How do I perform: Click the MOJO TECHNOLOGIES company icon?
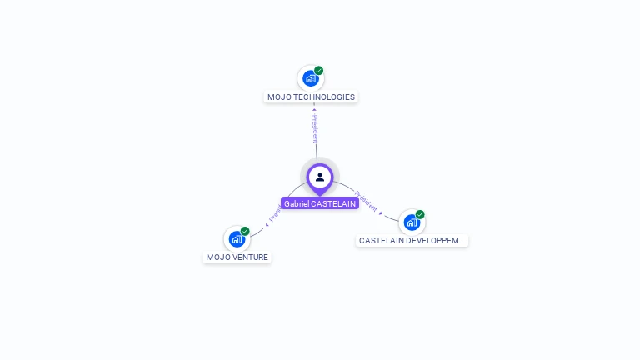pos(311,78)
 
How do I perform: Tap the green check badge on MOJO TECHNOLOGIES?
pos(319,71)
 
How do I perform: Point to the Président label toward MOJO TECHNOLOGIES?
pos(315,128)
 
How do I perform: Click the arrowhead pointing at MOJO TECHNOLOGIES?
pos(314,108)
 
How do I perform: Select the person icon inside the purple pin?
pos(320,177)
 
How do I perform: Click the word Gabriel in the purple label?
pos(296,203)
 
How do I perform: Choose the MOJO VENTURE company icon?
pos(237,239)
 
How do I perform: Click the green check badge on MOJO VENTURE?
pos(245,231)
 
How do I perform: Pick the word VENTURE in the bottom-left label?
pos(251,257)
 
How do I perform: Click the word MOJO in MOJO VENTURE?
pos(217,257)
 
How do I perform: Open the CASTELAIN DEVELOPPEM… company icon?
pos(412,222)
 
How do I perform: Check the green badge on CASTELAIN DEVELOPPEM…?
pos(420,214)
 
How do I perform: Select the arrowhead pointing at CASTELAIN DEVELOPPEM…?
pos(382,213)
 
